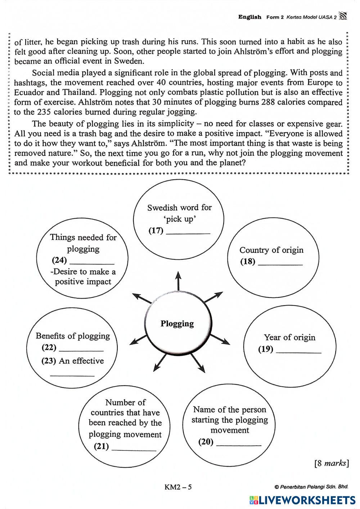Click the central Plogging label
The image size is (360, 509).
(x=177, y=323)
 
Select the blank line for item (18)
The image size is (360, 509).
(x=280, y=264)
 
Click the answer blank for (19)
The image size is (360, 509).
(x=298, y=352)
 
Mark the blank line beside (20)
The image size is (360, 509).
(x=239, y=445)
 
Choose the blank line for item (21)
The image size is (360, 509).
(x=134, y=449)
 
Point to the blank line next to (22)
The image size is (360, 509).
(x=81, y=350)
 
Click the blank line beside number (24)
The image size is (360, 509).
(x=91, y=263)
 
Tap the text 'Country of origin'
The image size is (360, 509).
(x=271, y=250)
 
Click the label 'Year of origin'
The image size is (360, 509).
(x=289, y=337)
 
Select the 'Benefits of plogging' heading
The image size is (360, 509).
(x=73, y=336)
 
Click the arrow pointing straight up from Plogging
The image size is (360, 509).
(x=178, y=280)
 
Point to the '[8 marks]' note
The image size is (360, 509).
(x=332, y=463)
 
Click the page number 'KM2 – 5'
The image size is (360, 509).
(x=178, y=487)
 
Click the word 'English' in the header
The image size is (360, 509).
(x=249, y=17)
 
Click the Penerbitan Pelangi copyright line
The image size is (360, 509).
(x=311, y=487)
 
